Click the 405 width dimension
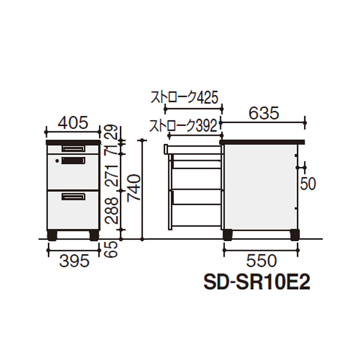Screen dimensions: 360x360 click(x=73, y=122)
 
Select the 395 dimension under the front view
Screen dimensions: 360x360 click(x=74, y=261)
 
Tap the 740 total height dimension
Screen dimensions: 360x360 click(x=134, y=188)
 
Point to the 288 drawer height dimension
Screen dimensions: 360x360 click(x=111, y=211)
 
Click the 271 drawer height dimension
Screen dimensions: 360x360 click(x=111, y=175)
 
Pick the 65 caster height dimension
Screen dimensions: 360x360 click(x=111, y=250)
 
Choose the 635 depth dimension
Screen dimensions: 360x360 click(x=264, y=113)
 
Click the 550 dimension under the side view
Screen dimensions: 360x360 click(x=262, y=261)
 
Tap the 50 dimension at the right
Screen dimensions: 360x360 click(x=308, y=184)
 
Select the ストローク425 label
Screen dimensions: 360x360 click(x=184, y=97)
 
